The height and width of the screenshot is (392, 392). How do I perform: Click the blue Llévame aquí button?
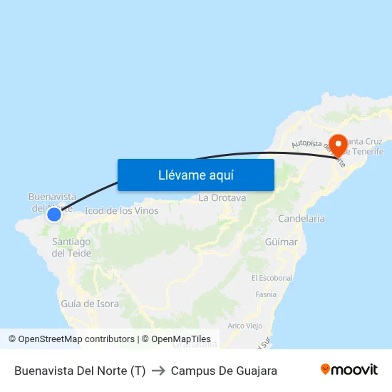(x=195, y=175)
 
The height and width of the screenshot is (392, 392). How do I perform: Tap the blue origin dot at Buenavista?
(x=53, y=214)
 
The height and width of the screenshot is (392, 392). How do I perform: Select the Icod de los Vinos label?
(x=121, y=211)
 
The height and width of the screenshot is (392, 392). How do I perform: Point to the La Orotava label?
(x=222, y=197)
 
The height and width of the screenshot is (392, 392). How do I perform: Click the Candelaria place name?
(x=301, y=219)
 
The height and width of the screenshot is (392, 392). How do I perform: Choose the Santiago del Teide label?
(x=71, y=247)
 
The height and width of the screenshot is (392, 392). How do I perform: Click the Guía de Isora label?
(x=90, y=304)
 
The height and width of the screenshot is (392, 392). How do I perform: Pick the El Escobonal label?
(x=272, y=278)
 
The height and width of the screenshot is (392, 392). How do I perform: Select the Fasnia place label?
(x=265, y=294)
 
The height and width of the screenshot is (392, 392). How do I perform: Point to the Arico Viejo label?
(x=244, y=326)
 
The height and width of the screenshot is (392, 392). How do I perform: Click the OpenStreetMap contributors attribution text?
(x=71, y=339)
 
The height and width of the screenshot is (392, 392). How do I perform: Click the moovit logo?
(x=349, y=369)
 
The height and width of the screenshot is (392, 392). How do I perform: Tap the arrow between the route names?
(x=158, y=371)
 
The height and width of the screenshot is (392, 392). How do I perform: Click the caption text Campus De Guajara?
(x=224, y=371)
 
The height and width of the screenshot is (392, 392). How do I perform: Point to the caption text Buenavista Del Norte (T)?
(x=80, y=371)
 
